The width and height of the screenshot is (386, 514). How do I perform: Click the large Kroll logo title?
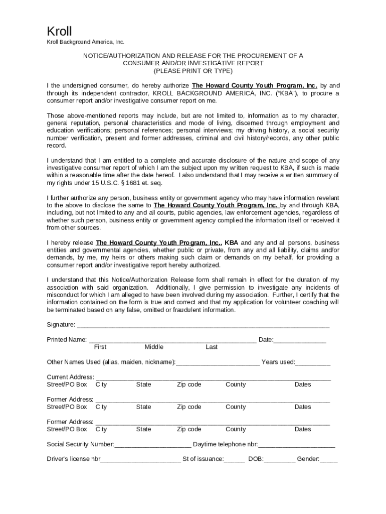coord(59,31)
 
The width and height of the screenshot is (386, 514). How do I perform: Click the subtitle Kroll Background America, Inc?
coord(85,42)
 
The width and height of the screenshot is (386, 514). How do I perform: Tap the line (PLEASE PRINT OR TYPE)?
coord(193,71)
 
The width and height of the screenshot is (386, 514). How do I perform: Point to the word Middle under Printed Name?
coord(154,347)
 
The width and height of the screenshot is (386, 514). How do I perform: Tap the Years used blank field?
coord(313,363)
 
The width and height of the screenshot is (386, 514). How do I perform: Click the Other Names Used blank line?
coord(218,363)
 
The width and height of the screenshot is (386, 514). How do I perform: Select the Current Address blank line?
coord(213,378)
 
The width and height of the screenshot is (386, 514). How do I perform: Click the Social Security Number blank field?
coord(153,445)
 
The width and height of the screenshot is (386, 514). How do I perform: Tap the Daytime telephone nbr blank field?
coord(297,445)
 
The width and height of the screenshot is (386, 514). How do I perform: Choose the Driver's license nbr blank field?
coord(141,460)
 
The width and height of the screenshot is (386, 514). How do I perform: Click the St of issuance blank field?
coord(235,460)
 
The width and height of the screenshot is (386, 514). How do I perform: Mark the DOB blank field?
coord(280,460)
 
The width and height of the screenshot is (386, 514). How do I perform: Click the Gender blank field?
coord(329,460)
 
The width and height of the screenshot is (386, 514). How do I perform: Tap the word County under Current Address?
coord(236,385)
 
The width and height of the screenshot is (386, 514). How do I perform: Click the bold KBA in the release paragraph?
coord(231,243)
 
